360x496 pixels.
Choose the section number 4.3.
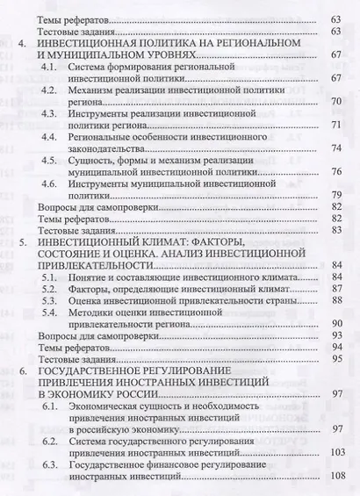58,114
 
